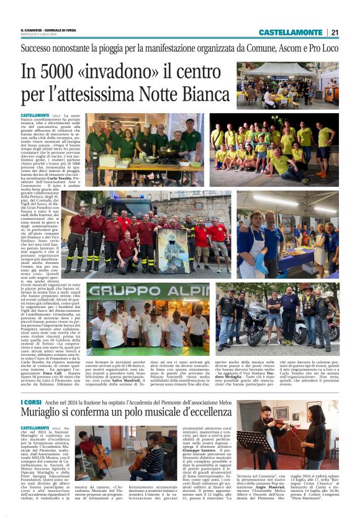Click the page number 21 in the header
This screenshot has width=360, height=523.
tap(335, 32)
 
